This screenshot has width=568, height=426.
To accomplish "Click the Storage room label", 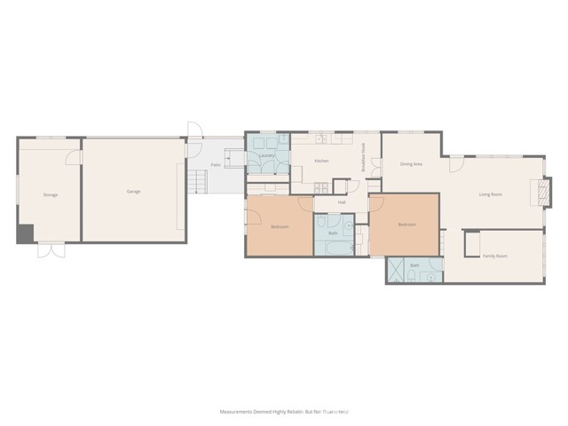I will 50,194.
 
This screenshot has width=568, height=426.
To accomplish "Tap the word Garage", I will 133,191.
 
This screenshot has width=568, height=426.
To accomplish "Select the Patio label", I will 215,164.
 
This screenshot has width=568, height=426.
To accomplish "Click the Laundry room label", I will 266,157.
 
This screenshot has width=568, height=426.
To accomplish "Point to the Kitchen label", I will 321,161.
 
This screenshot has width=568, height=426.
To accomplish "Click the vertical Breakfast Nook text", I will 363,161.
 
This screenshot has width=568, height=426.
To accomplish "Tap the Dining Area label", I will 411,164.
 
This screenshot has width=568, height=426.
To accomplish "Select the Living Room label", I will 491,193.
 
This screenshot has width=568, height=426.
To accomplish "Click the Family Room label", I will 494,256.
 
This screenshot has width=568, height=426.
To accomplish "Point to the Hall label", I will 342,202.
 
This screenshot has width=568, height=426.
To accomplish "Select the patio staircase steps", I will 198,183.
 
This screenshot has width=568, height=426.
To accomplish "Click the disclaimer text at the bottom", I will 284,412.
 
